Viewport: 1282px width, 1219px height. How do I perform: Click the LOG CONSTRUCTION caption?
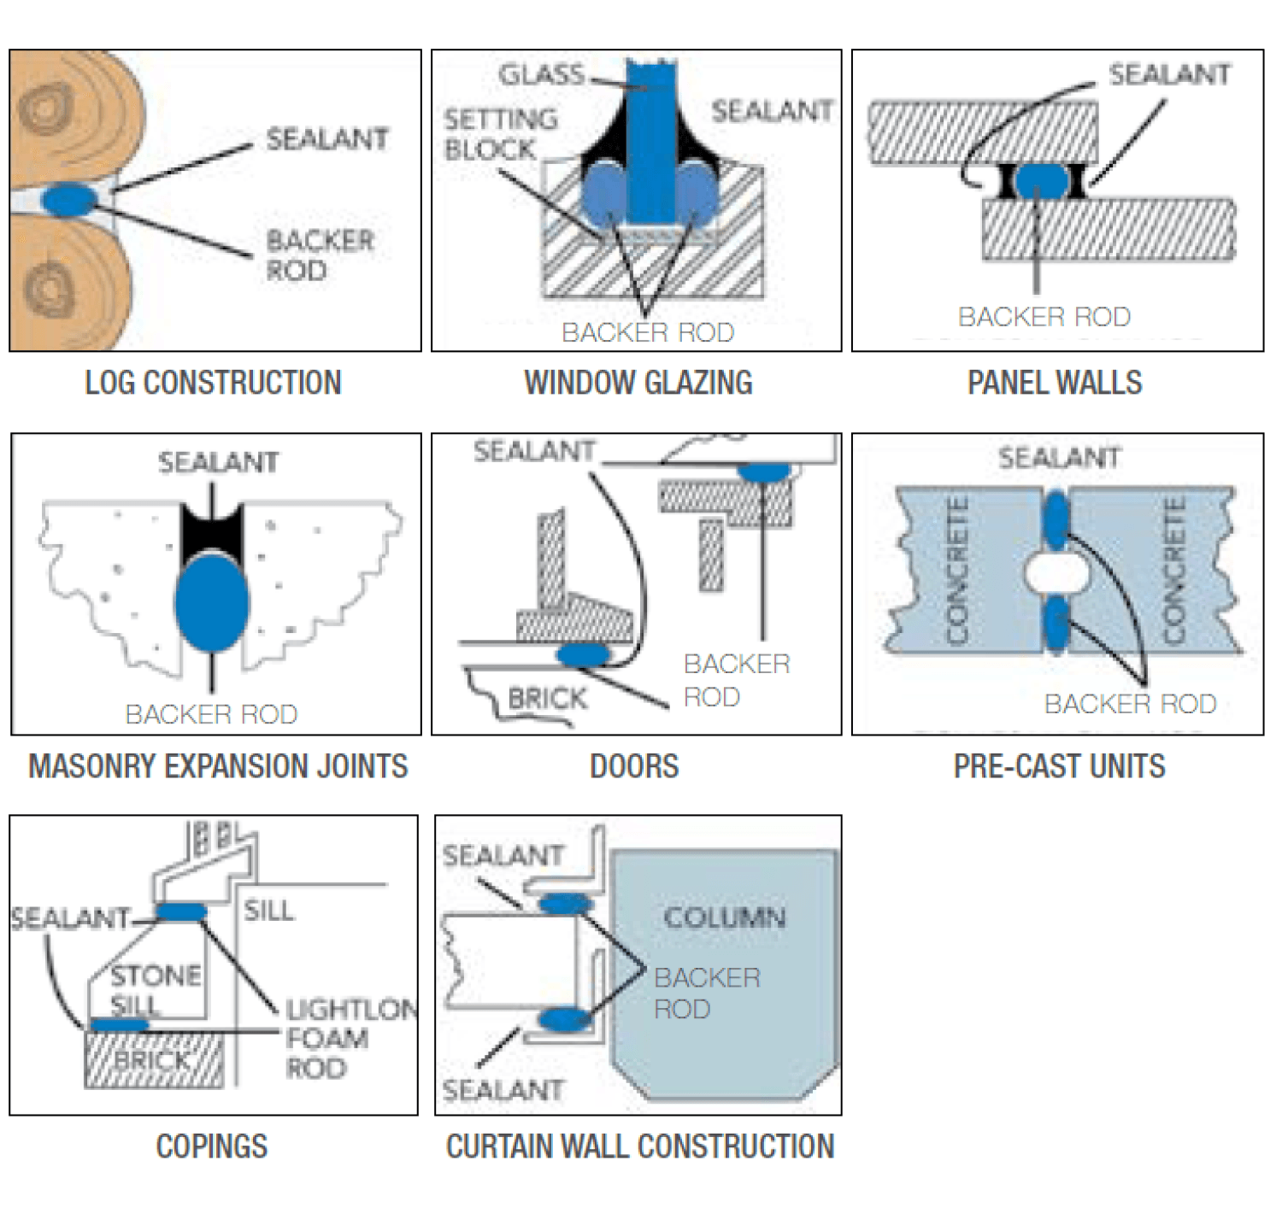[x=213, y=383]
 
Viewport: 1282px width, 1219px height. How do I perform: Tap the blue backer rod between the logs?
[x=69, y=200]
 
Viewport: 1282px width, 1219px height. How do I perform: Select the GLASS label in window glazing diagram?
[x=541, y=75]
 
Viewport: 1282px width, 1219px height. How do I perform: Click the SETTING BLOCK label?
[x=500, y=134]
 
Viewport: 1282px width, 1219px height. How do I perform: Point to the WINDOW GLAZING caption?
[x=638, y=383]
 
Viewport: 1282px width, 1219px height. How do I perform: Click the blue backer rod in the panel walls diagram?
[x=1040, y=181]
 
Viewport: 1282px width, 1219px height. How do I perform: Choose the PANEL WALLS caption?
[x=1054, y=383]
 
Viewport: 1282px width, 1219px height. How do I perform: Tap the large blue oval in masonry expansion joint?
[x=211, y=602]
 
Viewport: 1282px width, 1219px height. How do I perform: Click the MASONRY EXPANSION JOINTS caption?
[x=218, y=766]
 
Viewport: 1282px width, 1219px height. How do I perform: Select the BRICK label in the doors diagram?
[x=547, y=699]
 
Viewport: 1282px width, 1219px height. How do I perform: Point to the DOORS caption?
[x=634, y=766]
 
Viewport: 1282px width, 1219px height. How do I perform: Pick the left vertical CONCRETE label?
[x=957, y=571]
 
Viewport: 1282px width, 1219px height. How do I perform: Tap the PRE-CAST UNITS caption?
[x=1059, y=766]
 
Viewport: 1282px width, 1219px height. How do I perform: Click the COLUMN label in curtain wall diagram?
[x=724, y=917]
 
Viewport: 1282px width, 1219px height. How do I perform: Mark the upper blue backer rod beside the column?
[x=565, y=903]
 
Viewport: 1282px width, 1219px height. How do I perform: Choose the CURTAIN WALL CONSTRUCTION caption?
[x=639, y=1146]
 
